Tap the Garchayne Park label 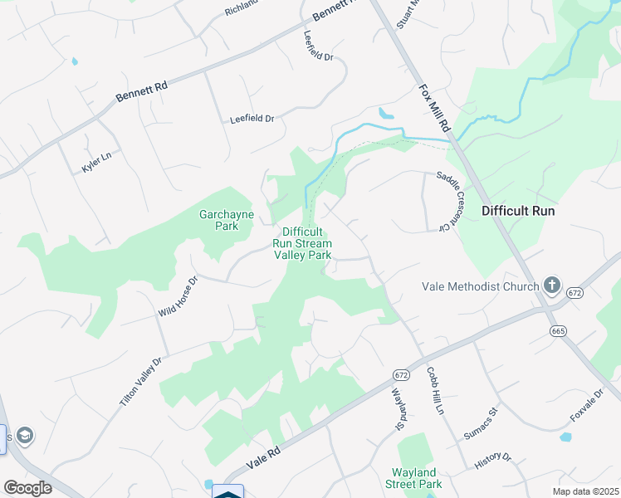(226, 220)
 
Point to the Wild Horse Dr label (179, 297)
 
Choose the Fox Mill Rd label (433, 109)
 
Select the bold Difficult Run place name (518, 211)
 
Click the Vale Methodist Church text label (481, 287)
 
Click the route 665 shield (557, 331)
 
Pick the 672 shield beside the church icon (575, 293)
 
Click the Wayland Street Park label (417, 478)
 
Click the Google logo (27, 488)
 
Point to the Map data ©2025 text (585, 491)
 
